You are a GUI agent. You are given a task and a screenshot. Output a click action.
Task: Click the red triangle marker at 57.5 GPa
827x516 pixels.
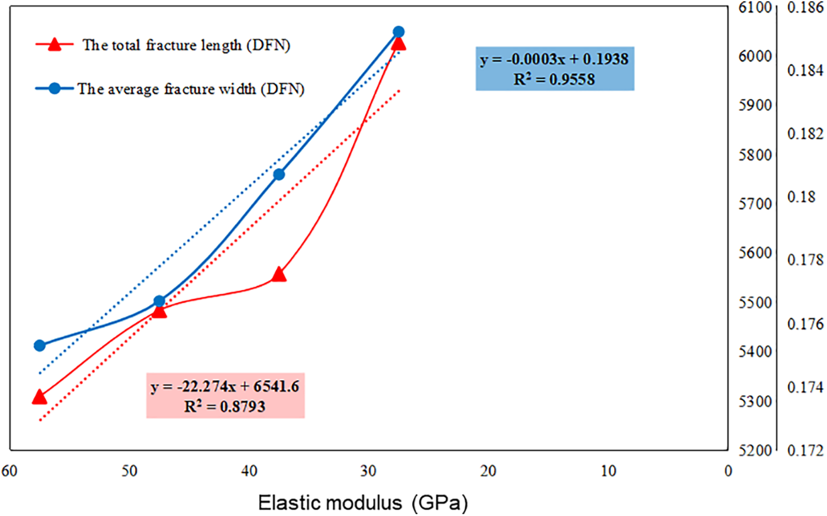(x=39, y=397)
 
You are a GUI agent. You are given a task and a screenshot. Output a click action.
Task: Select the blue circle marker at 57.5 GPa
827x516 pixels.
(x=39, y=345)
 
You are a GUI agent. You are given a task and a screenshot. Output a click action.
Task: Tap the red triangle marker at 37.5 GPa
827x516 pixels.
(x=279, y=274)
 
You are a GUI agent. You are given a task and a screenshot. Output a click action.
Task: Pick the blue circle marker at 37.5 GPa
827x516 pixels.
(x=279, y=174)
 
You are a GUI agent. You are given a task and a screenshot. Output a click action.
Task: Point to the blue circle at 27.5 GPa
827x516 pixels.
(x=399, y=32)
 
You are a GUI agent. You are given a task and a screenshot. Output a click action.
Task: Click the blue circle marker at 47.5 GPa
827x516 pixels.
(x=159, y=301)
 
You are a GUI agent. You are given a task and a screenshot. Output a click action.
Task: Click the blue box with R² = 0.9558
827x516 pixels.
(x=555, y=68)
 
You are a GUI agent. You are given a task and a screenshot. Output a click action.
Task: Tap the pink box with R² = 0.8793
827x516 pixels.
(x=225, y=396)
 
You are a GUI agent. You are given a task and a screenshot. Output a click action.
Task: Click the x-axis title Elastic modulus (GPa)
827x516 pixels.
(x=363, y=503)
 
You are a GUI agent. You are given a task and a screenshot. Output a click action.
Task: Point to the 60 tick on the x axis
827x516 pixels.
(x=9, y=471)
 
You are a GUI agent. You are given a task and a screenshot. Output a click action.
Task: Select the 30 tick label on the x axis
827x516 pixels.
(x=368, y=471)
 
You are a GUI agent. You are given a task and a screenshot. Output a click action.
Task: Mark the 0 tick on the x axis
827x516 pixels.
(x=728, y=471)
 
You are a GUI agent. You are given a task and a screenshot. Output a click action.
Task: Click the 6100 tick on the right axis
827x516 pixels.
(x=755, y=7)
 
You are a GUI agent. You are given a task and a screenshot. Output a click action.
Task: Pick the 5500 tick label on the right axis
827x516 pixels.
(x=755, y=302)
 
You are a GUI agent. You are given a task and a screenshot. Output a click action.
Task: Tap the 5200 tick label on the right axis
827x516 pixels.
(x=755, y=450)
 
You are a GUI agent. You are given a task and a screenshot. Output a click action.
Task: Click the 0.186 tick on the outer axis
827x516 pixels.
(x=805, y=7)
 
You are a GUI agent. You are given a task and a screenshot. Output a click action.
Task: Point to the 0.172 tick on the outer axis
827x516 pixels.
(x=805, y=450)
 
